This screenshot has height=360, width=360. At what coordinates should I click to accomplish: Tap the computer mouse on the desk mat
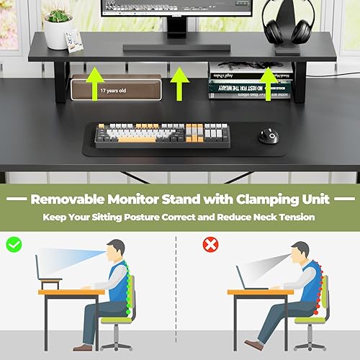pyautogui.click(x=271, y=135)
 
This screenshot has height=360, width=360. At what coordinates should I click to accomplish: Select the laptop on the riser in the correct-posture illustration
pyautogui.click(x=53, y=270)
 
